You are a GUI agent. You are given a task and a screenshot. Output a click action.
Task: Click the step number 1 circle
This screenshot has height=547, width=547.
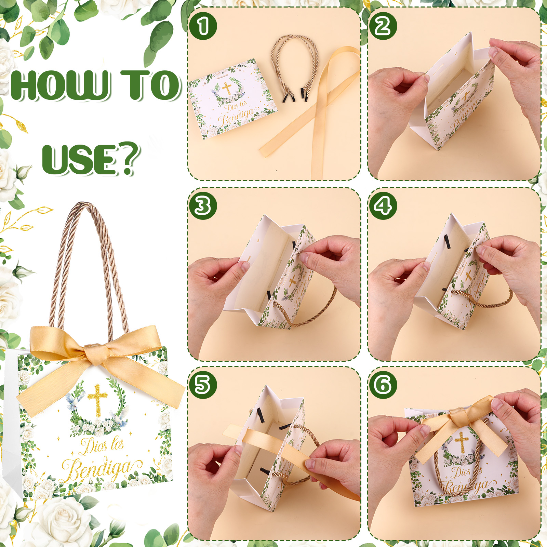click(x=203, y=26)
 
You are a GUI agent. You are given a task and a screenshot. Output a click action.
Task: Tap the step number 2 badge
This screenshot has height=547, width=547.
click(x=383, y=26)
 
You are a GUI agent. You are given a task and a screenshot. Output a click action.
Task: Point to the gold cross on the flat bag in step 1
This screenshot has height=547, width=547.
click(x=227, y=88)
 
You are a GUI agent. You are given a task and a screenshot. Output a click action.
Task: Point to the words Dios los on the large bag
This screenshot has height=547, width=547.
click(x=102, y=445)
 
